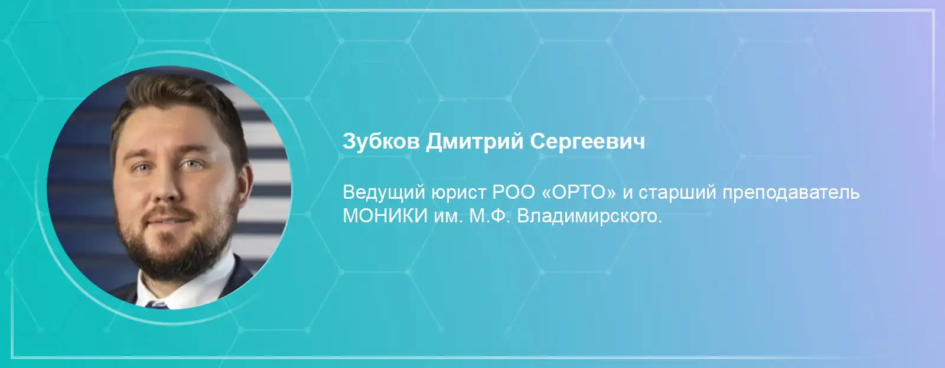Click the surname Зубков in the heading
click(381, 141)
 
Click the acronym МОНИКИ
click(385, 216)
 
